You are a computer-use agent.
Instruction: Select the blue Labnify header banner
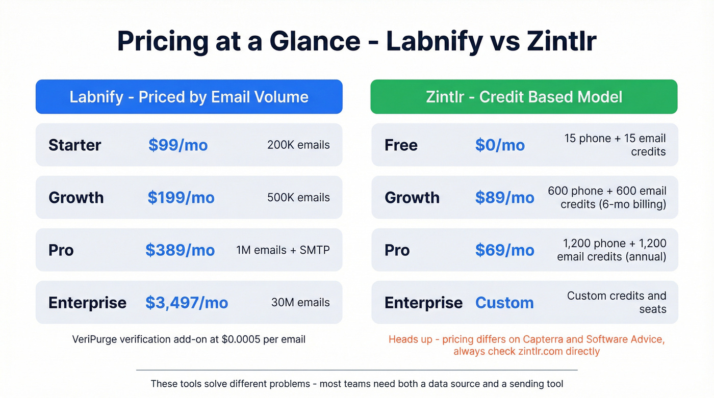189,97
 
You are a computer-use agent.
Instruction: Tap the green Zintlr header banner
524,97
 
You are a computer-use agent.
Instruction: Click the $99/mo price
178,145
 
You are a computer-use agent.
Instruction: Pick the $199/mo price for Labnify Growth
181,198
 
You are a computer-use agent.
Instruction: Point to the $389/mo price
180,250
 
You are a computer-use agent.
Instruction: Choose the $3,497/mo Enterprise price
187,303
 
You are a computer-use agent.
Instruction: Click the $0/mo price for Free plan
500,145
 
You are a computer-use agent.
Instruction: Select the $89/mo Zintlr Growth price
504,198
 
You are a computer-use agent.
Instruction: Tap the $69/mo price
504,250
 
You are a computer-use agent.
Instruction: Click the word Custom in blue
504,303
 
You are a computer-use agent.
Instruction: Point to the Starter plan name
75,145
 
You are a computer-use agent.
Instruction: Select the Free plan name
401,145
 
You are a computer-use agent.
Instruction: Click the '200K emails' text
298,145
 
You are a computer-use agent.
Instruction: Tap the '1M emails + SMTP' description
283,250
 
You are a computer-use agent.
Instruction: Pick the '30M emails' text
300,302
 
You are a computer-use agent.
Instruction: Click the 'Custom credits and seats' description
617,302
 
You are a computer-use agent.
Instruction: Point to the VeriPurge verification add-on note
189,339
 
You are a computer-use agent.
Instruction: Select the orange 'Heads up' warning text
526,346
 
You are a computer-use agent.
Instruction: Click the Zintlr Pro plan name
397,250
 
